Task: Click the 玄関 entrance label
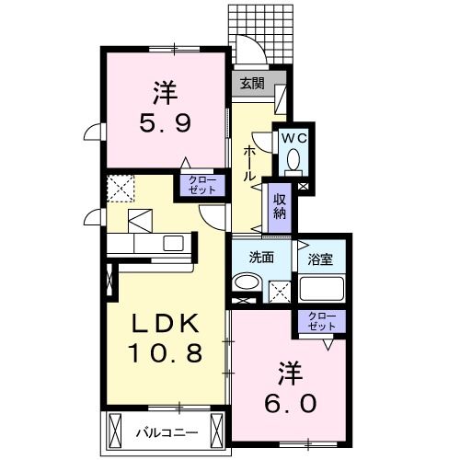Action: coord(252,82)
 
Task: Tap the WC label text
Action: coord(293,138)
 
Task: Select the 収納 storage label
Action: coord(279,207)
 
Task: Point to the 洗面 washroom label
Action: coord(261,258)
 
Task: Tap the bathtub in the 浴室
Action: coord(322,289)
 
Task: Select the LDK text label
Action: coord(163,324)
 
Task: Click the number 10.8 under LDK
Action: coord(164,353)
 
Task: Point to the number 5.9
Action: coord(164,120)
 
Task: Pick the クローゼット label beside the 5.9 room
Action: coord(202,184)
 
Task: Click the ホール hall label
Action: coord(249,163)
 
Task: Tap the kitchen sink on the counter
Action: coord(172,244)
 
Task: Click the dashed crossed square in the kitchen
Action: coord(121,190)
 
